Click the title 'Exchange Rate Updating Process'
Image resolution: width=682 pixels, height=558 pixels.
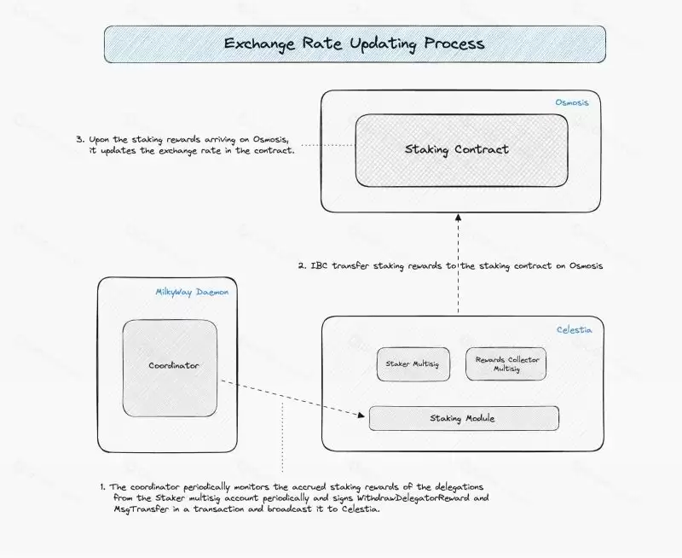tap(354, 44)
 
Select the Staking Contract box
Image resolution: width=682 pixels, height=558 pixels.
tap(461, 150)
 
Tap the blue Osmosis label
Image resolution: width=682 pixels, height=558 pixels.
tap(572, 102)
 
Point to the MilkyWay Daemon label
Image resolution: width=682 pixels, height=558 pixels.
tap(192, 292)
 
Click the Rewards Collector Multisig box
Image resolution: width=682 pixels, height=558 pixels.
tap(506, 364)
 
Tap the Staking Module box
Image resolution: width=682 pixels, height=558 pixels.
tap(463, 419)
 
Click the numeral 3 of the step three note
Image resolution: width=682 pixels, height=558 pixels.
tap(79, 138)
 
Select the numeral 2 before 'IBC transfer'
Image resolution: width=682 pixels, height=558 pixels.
tap(302, 266)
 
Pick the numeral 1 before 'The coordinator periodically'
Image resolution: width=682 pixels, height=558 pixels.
tap(102, 486)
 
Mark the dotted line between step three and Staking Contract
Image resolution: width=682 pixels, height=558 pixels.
tap(327, 145)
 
